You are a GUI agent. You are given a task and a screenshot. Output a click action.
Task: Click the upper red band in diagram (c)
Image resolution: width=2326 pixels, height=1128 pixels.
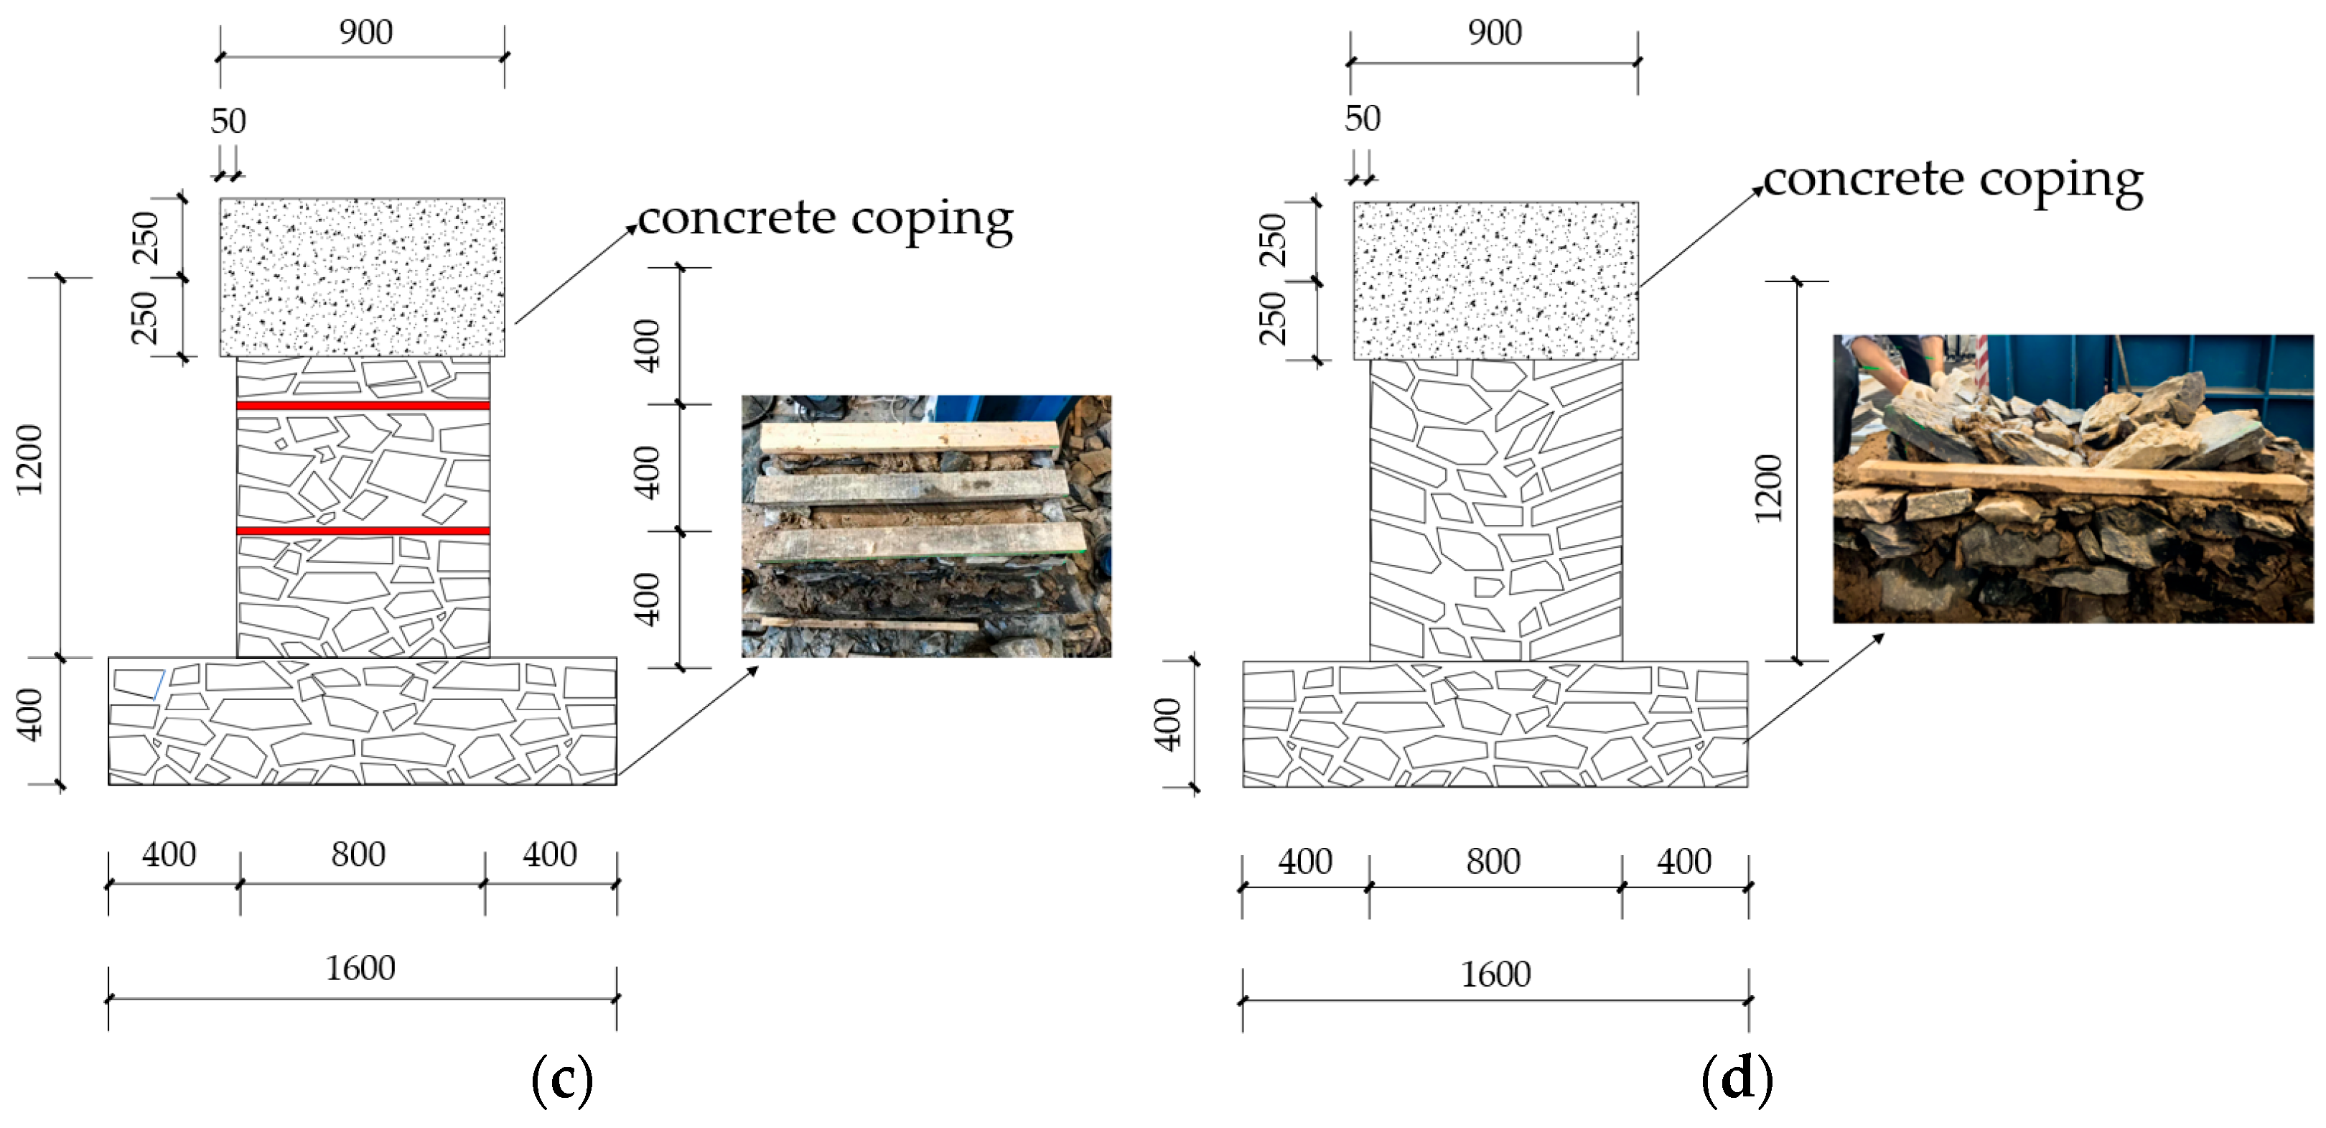click(x=363, y=406)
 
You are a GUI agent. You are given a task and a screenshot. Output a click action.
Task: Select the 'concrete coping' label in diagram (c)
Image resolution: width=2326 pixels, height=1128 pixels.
click(x=826, y=218)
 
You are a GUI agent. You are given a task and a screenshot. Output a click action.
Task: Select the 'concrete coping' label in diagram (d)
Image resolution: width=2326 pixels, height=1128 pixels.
click(x=1952, y=180)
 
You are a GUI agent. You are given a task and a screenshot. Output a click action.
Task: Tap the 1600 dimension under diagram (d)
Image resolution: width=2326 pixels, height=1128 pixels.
click(x=1495, y=974)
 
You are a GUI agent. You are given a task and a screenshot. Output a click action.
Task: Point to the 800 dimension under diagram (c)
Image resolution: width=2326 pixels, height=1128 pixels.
click(x=358, y=854)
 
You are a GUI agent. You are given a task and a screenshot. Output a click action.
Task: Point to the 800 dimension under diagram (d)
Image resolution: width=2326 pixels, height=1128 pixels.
click(x=1493, y=862)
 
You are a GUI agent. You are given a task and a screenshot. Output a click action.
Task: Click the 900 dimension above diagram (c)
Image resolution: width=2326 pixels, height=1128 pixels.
click(x=365, y=32)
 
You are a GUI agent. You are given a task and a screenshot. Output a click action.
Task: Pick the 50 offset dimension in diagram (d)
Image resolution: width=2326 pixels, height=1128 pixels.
click(x=1363, y=118)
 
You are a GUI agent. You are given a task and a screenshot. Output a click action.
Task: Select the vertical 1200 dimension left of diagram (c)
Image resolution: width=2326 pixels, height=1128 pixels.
click(x=31, y=460)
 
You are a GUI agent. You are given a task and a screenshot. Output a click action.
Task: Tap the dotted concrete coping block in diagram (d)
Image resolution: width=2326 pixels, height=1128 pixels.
click(x=1495, y=281)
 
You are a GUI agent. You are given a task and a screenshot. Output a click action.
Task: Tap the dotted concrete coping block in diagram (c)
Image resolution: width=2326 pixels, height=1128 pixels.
click(x=362, y=276)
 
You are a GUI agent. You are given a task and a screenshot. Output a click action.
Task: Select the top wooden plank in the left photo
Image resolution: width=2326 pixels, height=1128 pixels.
click(x=908, y=437)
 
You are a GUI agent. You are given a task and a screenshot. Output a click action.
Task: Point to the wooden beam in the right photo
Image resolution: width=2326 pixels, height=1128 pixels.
click(x=2077, y=479)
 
